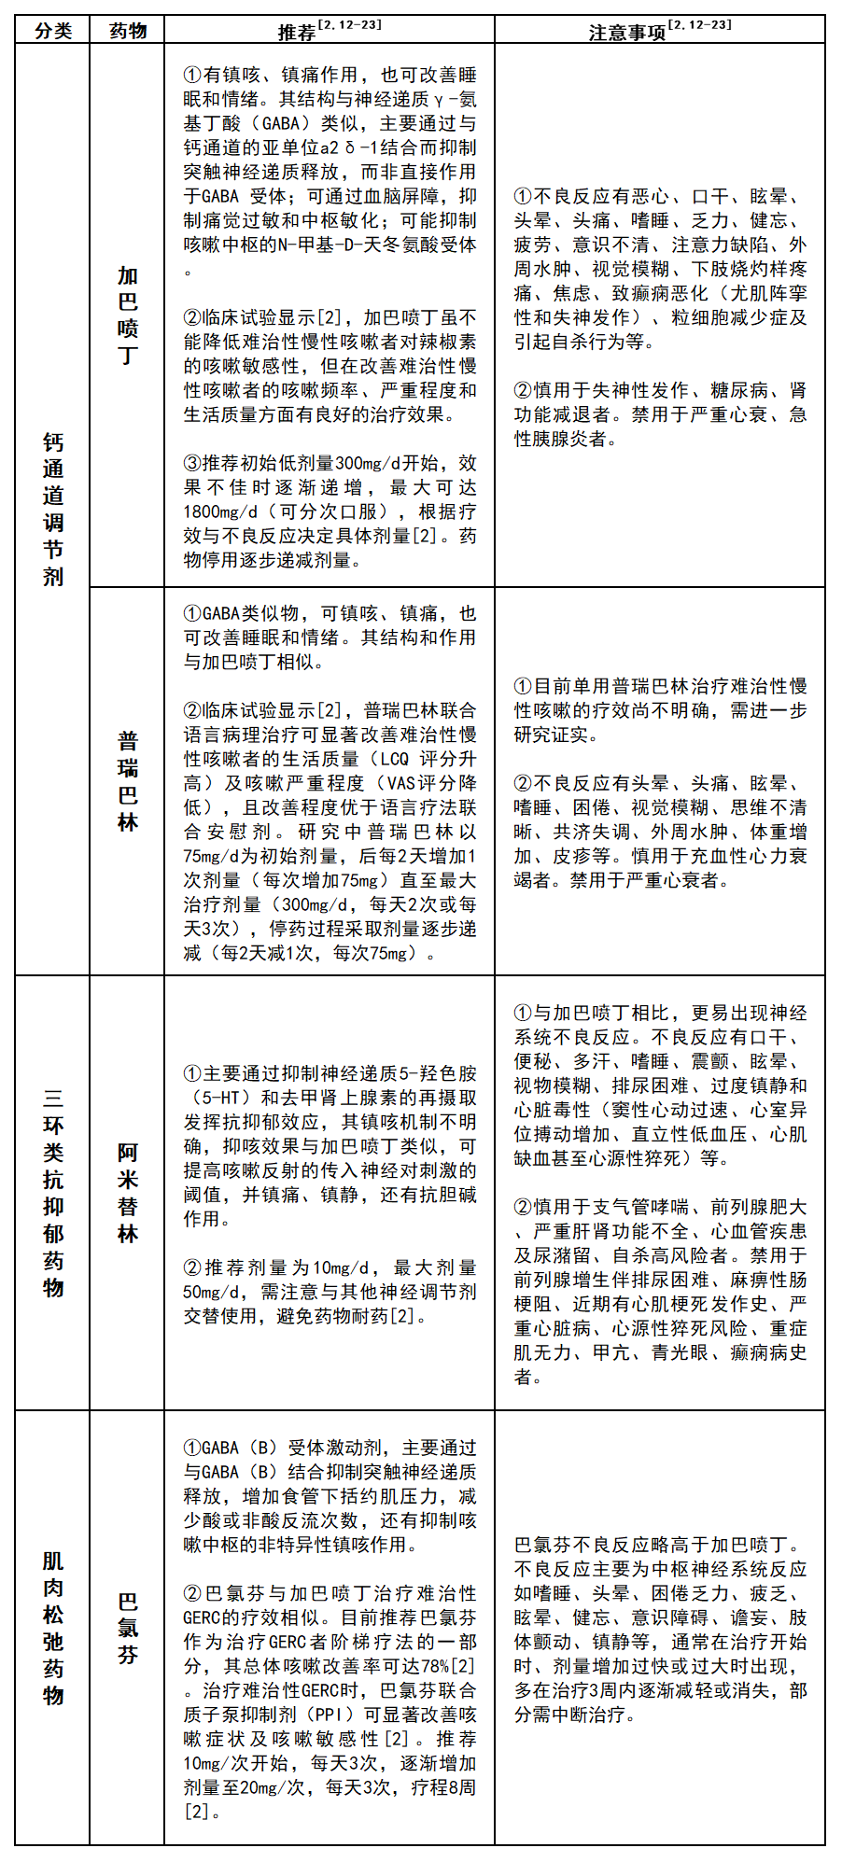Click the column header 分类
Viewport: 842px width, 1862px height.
(x=53, y=31)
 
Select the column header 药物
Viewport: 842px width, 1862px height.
(x=128, y=31)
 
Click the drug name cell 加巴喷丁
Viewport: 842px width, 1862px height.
(x=128, y=315)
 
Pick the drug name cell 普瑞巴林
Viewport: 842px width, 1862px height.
(x=128, y=781)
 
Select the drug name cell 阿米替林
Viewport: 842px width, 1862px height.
(x=128, y=1192)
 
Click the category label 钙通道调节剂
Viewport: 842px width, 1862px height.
(x=53, y=509)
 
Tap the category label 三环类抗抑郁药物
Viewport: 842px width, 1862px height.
(x=53, y=1192)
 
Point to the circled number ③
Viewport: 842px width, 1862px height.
(x=192, y=464)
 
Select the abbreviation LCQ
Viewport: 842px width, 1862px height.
(x=395, y=760)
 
